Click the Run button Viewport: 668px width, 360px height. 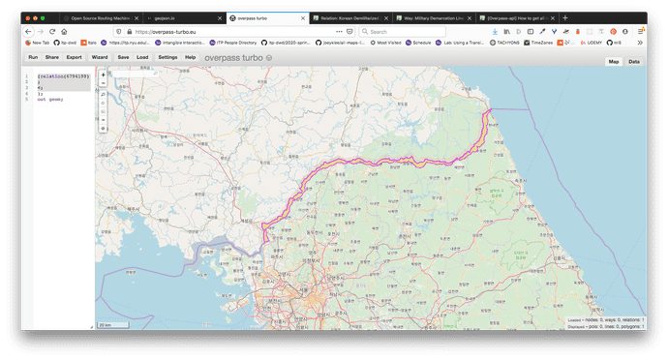coord(33,57)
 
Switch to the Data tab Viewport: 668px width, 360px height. coord(634,61)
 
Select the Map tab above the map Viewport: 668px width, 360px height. coord(613,61)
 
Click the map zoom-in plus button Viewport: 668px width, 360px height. coord(104,75)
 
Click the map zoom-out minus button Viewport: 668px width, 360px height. coord(104,83)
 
